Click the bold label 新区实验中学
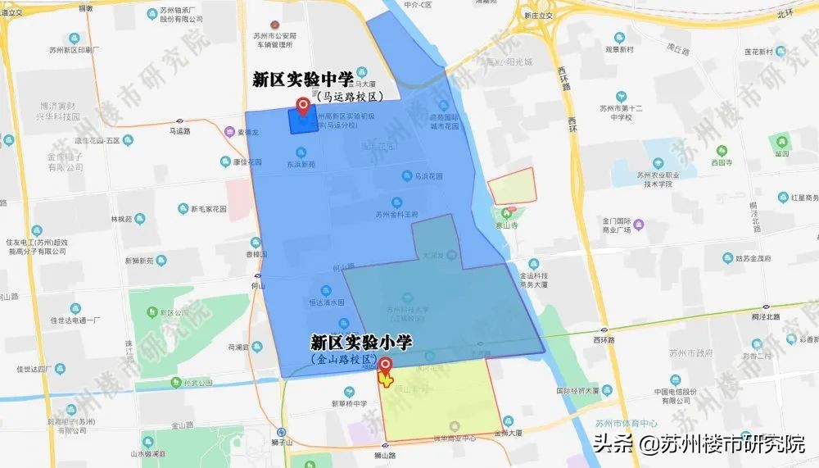point(303,80)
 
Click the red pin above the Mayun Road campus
point(305,107)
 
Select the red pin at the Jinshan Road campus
point(384,366)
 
